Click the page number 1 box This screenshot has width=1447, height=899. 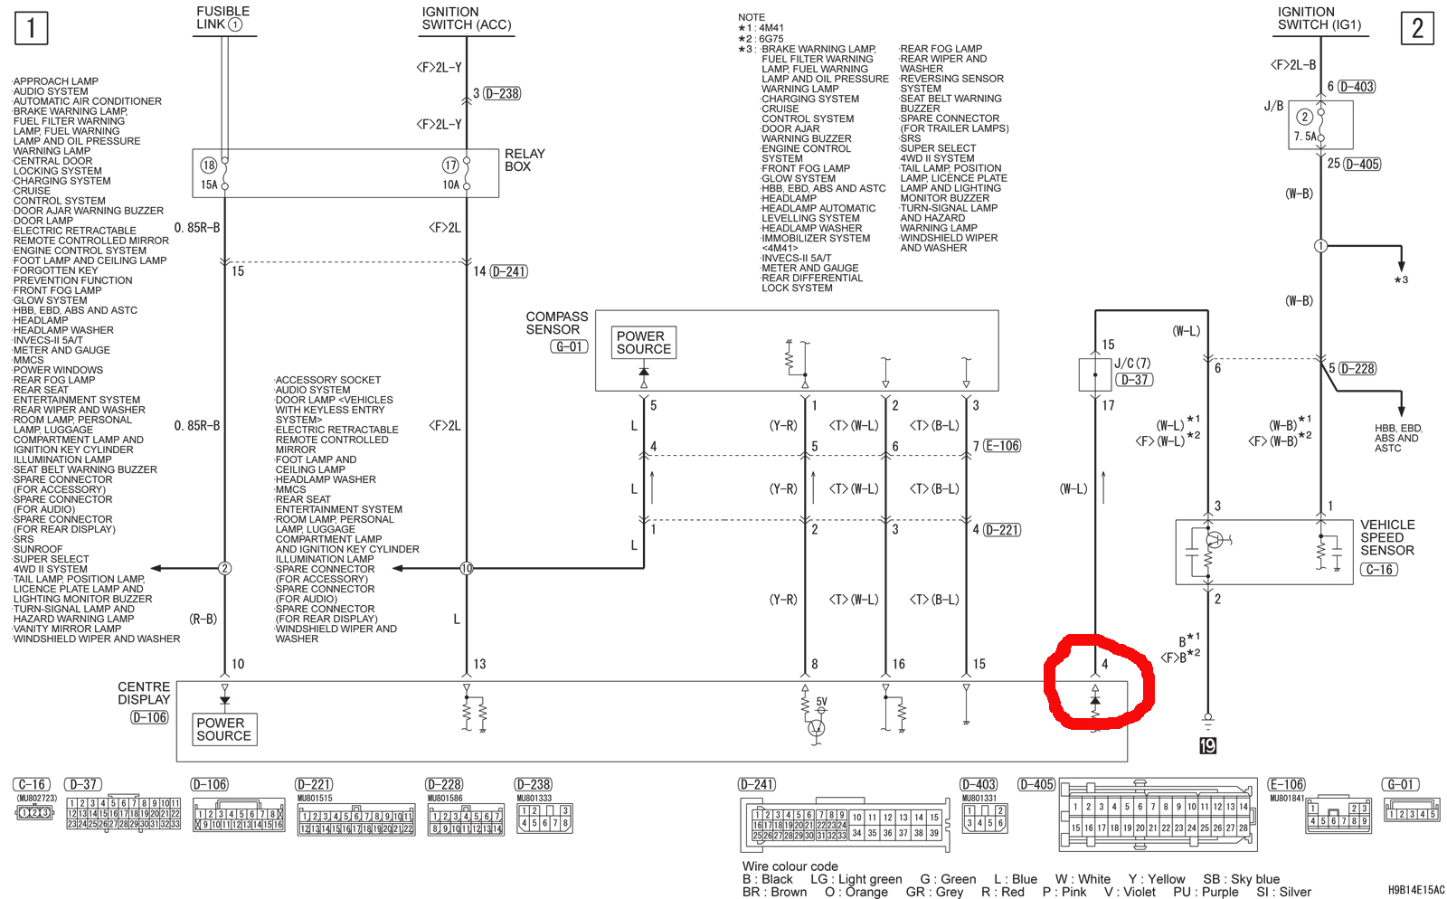pos(31,28)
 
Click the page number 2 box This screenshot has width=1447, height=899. pos(1416,28)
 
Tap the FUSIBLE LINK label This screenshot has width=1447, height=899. pos(222,18)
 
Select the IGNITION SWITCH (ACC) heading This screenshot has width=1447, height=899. pos(466,18)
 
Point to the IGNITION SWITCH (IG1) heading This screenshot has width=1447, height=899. pos(1319,18)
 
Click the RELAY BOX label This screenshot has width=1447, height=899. pos(524,160)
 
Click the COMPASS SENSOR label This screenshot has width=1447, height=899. pos(556,323)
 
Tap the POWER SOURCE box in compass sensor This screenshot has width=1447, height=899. pos(643,342)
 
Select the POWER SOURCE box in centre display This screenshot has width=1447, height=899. pos(224,729)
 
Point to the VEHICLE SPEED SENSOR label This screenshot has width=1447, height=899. pos(1386,537)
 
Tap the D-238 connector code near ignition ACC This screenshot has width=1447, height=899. pos(502,93)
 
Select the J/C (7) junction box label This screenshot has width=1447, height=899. pos(1132,363)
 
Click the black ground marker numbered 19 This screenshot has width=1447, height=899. pos(1207,745)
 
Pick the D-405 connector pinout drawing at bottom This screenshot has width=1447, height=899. pos(1158,816)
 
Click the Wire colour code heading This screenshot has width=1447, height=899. pos(790,866)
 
